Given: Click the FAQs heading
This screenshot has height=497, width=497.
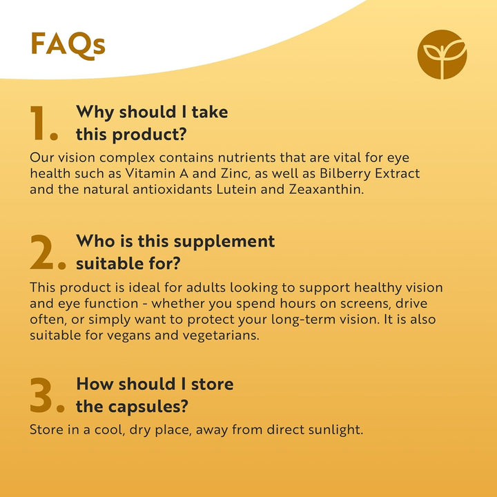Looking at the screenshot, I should pyautogui.click(x=68, y=44).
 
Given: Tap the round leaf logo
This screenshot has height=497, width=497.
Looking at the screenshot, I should pyautogui.click(x=442, y=55).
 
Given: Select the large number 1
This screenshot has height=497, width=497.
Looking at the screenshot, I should pyautogui.click(x=43, y=124).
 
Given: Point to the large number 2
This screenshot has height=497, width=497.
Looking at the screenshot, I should pyautogui.click(x=47, y=254).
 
